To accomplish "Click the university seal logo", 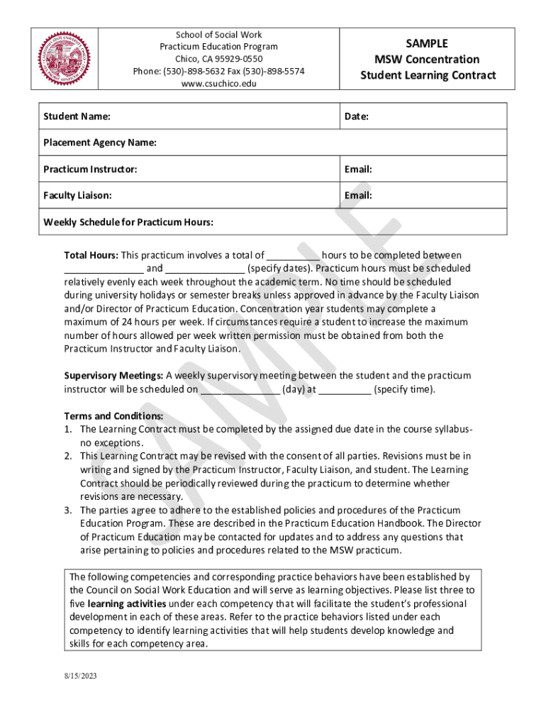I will [x=65, y=59].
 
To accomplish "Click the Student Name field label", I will [x=77, y=116].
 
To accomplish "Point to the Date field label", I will [x=356, y=116].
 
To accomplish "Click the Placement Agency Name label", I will [x=100, y=143].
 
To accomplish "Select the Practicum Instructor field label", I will [x=90, y=169].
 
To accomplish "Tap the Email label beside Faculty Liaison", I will [x=358, y=195].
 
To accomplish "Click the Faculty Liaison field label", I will [x=77, y=195].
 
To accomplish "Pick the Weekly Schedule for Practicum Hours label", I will [x=128, y=222].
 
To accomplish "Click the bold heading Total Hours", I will [x=91, y=255].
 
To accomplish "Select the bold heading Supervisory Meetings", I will [x=113, y=376].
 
